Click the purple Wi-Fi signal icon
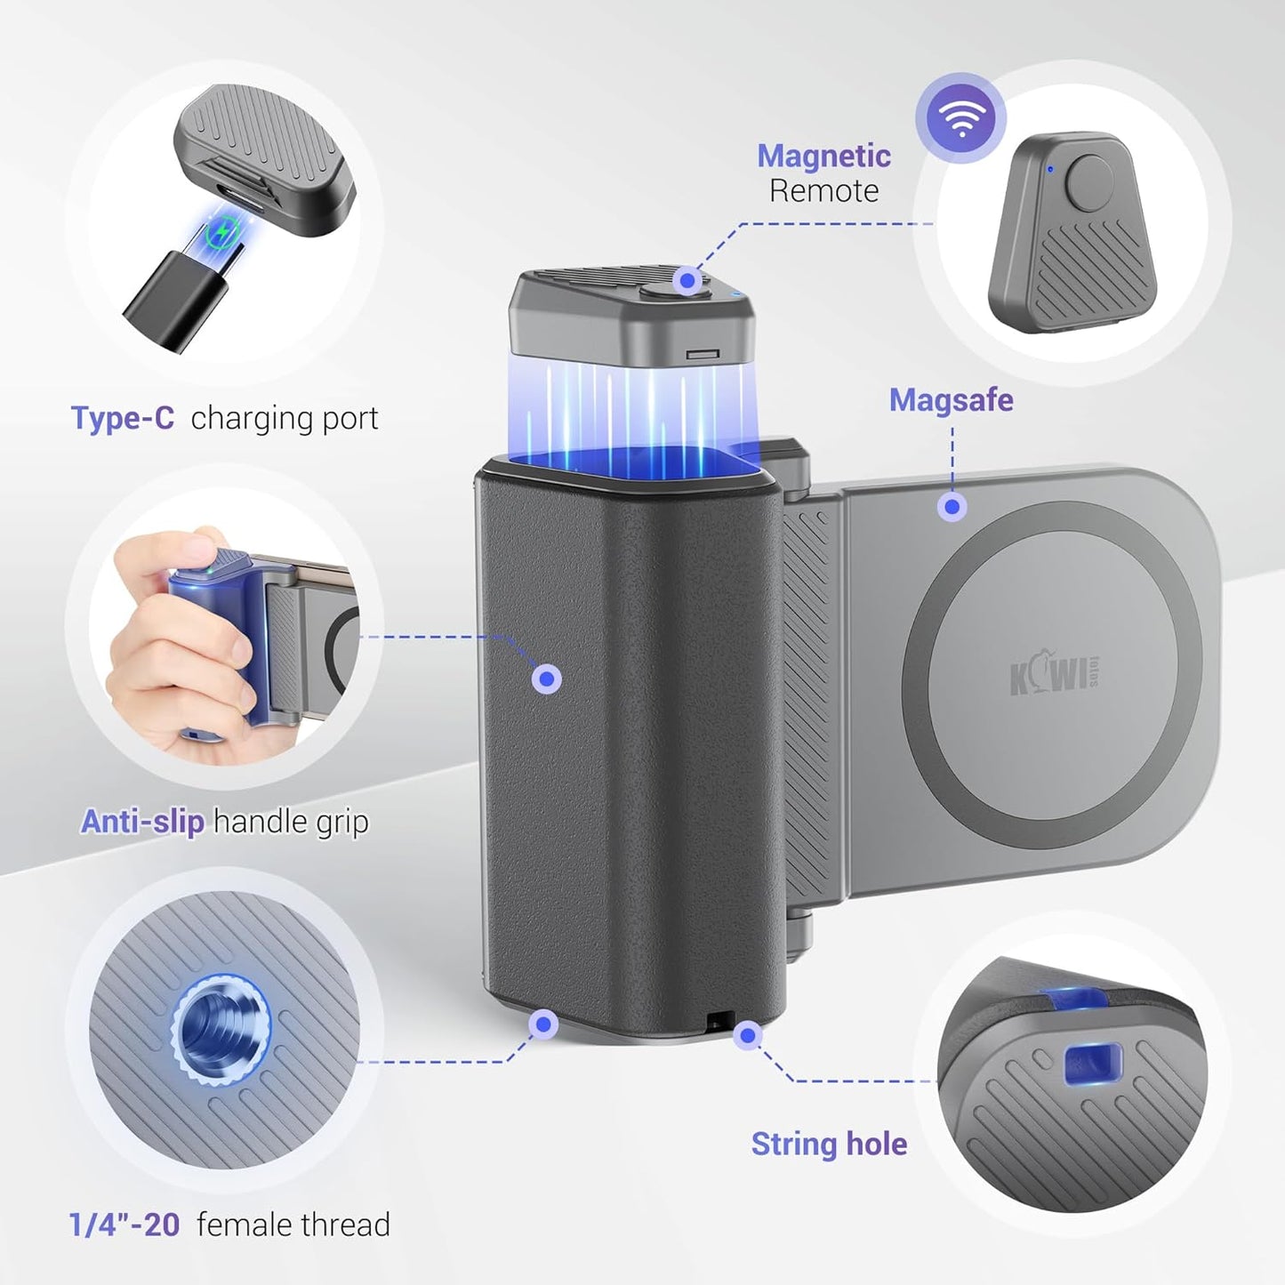(x=961, y=116)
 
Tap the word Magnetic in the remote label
(x=823, y=157)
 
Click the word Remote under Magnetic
(x=824, y=191)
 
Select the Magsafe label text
(x=951, y=401)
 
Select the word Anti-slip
(x=142, y=822)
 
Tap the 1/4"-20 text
(x=124, y=1225)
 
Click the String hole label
(x=829, y=1144)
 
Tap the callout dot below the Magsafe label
(x=952, y=507)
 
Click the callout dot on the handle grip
(x=547, y=679)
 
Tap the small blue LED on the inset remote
(x=1051, y=169)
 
